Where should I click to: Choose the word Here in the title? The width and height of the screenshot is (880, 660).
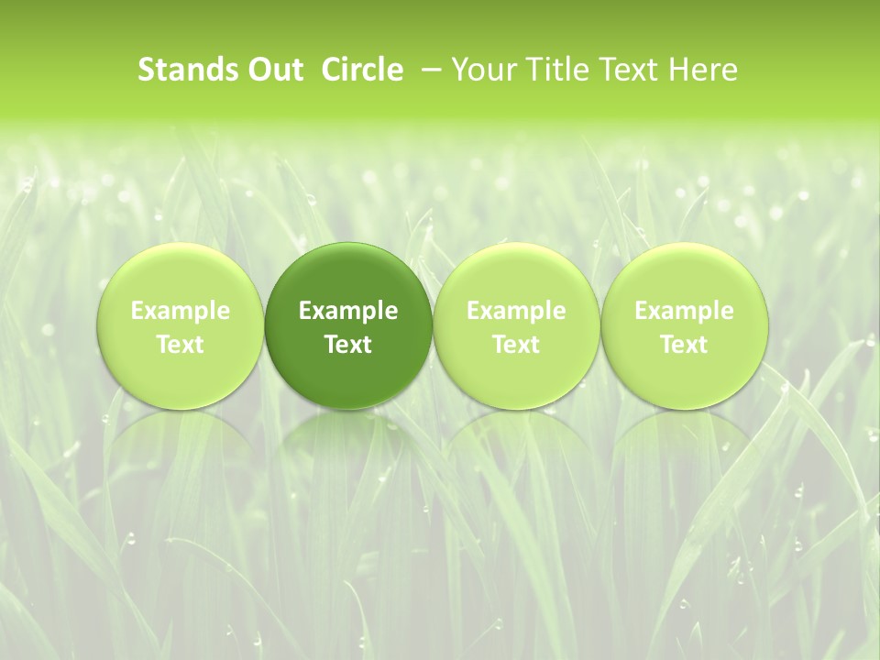click(702, 70)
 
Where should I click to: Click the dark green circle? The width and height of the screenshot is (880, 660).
click(348, 275)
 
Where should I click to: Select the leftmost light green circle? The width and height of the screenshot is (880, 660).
click(181, 275)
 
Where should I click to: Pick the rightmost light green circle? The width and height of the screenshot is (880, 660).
click(684, 275)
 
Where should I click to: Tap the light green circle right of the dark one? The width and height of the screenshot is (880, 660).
click(516, 275)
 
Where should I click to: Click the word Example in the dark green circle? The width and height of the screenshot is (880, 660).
click(348, 311)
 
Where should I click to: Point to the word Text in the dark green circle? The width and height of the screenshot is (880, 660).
click(348, 345)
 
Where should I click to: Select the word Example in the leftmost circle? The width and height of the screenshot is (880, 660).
click(181, 311)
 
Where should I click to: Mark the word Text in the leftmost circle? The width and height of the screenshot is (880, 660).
click(181, 345)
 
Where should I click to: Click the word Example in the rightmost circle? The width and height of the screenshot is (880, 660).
click(684, 311)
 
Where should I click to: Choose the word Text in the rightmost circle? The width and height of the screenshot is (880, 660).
click(684, 345)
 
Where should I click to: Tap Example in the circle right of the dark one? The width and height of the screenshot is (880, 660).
click(516, 311)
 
